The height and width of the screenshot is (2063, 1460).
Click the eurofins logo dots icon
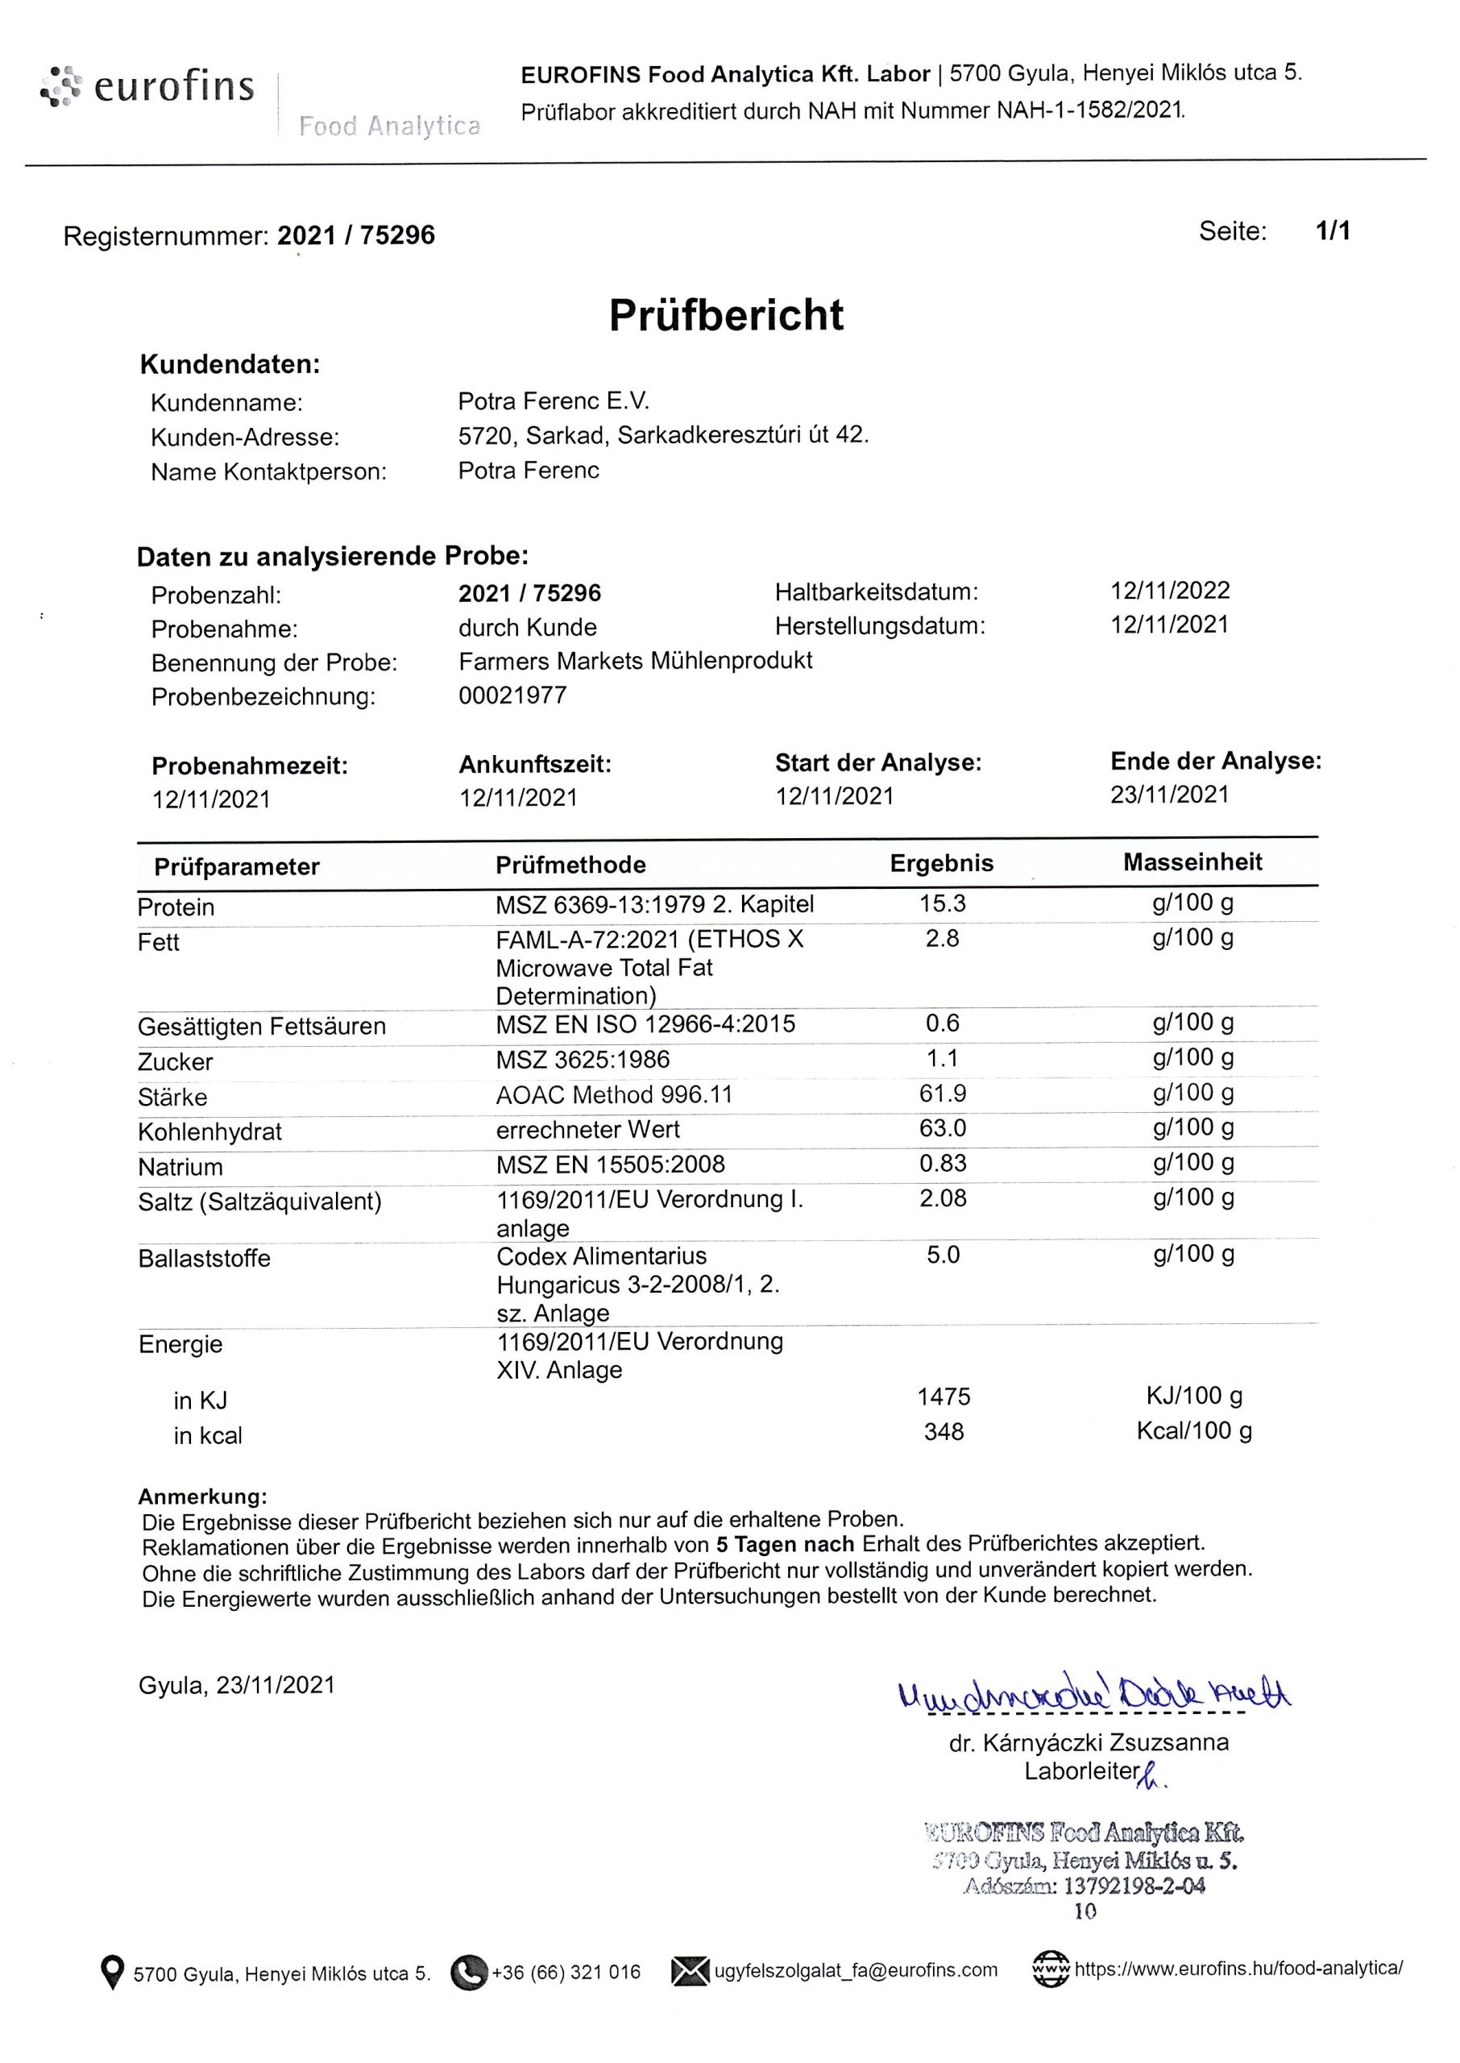60,87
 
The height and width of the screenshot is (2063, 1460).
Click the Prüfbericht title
727,316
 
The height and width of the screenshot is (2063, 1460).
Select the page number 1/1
1333,231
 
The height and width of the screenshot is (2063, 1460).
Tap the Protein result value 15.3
942,903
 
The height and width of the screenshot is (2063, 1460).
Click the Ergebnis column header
941,863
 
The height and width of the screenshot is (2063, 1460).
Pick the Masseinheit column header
1192,862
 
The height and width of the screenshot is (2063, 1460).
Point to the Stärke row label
172,1097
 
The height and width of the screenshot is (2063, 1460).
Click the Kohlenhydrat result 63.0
942,1127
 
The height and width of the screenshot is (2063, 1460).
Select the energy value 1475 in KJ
943,1396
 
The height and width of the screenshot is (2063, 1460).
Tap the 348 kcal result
943,1431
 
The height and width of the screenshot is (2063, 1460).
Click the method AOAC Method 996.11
614,1094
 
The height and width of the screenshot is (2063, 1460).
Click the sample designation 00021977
512,695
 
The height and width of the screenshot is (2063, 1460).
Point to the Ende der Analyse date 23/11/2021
1168,795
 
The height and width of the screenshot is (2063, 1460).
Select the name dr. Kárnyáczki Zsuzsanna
1089,1742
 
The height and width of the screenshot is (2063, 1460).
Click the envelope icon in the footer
690,1971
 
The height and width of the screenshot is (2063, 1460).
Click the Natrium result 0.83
942,1162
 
